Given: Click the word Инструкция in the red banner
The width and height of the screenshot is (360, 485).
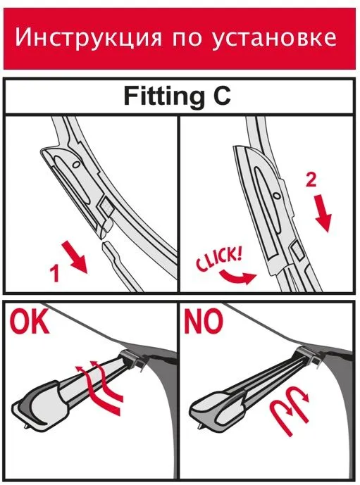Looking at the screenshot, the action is pyautogui.click(x=88, y=38).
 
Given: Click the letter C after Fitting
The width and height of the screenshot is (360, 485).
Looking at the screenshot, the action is pyautogui.click(x=221, y=96).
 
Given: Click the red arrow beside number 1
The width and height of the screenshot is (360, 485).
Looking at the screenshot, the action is pyautogui.click(x=75, y=258).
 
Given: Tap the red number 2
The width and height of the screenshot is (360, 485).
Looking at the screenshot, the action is pyautogui.click(x=311, y=179).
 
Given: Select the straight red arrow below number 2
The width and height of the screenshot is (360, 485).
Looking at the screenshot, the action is pyautogui.click(x=323, y=214).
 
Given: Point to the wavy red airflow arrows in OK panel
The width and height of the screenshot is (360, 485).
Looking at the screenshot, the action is pyautogui.click(x=99, y=386).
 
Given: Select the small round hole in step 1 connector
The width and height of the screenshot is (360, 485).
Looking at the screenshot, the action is pyautogui.click(x=75, y=165).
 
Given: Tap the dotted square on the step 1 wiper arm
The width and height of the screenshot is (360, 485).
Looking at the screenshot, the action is pyautogui.click(x=106, y=205).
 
